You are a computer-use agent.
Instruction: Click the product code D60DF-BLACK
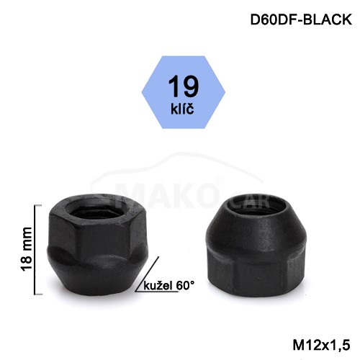pyautogui.click(x=301, y=19)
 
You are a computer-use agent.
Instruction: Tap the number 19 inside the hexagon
pyautogui.click(x=184, y=86)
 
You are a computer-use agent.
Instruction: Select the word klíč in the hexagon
pyautogui.click(x=182, y=109)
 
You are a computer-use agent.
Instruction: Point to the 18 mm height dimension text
pyautogui.click(x=27, y=249)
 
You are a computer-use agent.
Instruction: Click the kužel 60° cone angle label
pyautogui.click(x=168, y=286)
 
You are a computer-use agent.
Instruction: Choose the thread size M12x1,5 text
pyautogui.click(x=321, y=346)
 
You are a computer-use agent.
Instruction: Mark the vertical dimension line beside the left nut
pyautogui.click(x=35, y=250)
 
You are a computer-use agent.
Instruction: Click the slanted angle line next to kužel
pyautogui.click(x=147, y=274)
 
